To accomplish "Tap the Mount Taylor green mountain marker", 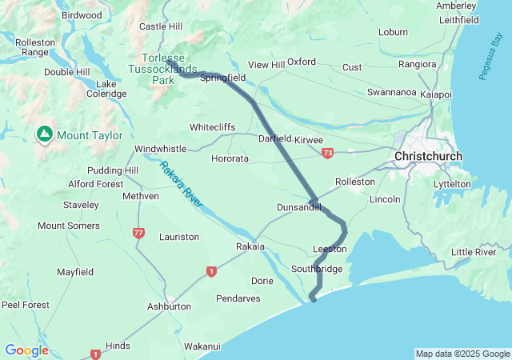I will click(44, 134).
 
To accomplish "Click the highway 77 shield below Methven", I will click(138, 233).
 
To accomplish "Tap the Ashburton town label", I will click(169, 306).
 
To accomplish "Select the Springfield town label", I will click(222, 78).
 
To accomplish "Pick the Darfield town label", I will click(274, 138).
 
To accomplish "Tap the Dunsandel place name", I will click(298, 207).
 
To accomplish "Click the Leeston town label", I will click(330, 249).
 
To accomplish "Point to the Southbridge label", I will click(317, 269).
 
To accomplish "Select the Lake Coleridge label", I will click(111, 89).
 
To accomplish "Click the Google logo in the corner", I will click(26, 350).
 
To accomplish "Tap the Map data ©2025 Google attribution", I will click(462, 354).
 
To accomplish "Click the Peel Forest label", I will click(25, 305).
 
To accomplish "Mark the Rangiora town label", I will click(418, 64).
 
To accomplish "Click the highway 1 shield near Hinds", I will click(96, 354).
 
